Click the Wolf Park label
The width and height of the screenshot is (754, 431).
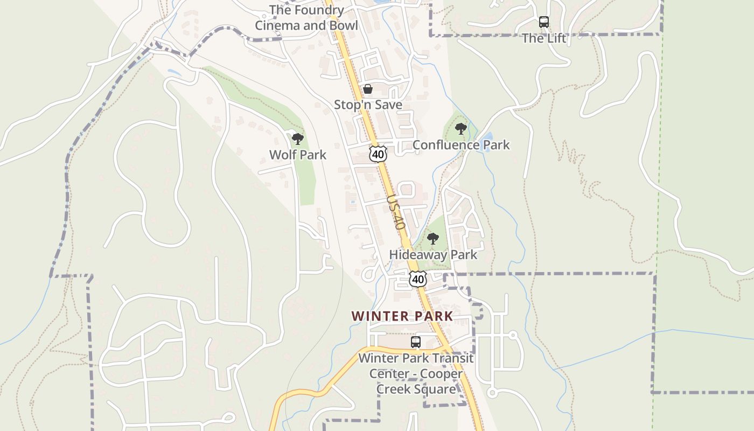(297, 155)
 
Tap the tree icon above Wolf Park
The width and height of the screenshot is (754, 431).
(297, 139)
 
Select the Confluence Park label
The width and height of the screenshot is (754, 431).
(460, 145)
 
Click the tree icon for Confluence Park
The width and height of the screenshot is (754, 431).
(460, 129)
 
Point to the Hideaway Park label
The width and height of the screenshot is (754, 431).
(433, 255)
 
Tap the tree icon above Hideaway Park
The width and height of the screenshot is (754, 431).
(432, 238)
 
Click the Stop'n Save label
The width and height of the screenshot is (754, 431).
(368, 105)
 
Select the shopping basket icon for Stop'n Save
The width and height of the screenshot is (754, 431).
(368, 89)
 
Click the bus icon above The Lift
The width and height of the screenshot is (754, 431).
(544, 22)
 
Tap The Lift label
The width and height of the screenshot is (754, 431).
(544, 38)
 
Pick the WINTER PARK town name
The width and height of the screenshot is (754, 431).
(402, 316)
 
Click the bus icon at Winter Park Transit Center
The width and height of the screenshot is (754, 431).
(415, 342)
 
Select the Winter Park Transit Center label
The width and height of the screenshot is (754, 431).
(416, 373)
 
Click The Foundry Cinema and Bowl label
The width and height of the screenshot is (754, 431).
(306, 17)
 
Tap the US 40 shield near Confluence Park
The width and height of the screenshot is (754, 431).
(378, 154)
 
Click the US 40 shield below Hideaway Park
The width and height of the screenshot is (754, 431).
(418, 279)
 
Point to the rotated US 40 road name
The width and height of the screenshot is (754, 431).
(396, 212)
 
